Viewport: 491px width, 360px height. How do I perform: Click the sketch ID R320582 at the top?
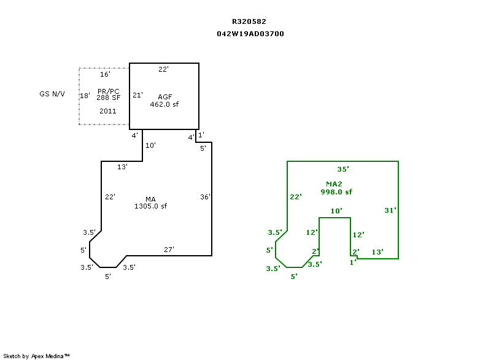[x=249, y=21]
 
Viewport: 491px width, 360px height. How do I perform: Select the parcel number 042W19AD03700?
[x=250, y=34]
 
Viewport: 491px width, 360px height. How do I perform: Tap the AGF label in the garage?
[x=164, y=98]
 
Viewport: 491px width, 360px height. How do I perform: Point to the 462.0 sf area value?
[x=164, y=104]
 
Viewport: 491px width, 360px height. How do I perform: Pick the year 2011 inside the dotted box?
[x=107, y=111]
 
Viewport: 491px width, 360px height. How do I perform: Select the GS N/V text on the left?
[x=52, y=94]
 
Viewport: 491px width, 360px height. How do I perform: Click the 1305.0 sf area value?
[x=151, y=206]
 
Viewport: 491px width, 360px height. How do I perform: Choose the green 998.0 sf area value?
[x=336, y=192]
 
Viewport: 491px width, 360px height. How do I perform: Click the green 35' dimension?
[x=343, y=169]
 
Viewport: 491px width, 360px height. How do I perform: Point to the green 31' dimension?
[x=390, y=210]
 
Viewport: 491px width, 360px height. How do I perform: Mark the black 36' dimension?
[x=206, y=197]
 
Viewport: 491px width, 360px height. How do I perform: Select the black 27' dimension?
[x=169, y=250]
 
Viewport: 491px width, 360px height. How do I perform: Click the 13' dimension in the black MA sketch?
[x=122, y=167]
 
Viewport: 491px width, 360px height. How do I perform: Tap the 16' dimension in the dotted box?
[x=105, y=74]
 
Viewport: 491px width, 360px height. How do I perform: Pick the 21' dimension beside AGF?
[x=137, y=95]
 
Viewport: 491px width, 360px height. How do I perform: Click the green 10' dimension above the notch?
[x=336, y=212]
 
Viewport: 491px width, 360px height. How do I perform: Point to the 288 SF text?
[x=107, y=98]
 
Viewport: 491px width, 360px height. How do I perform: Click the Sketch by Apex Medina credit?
[x=37, y=356]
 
